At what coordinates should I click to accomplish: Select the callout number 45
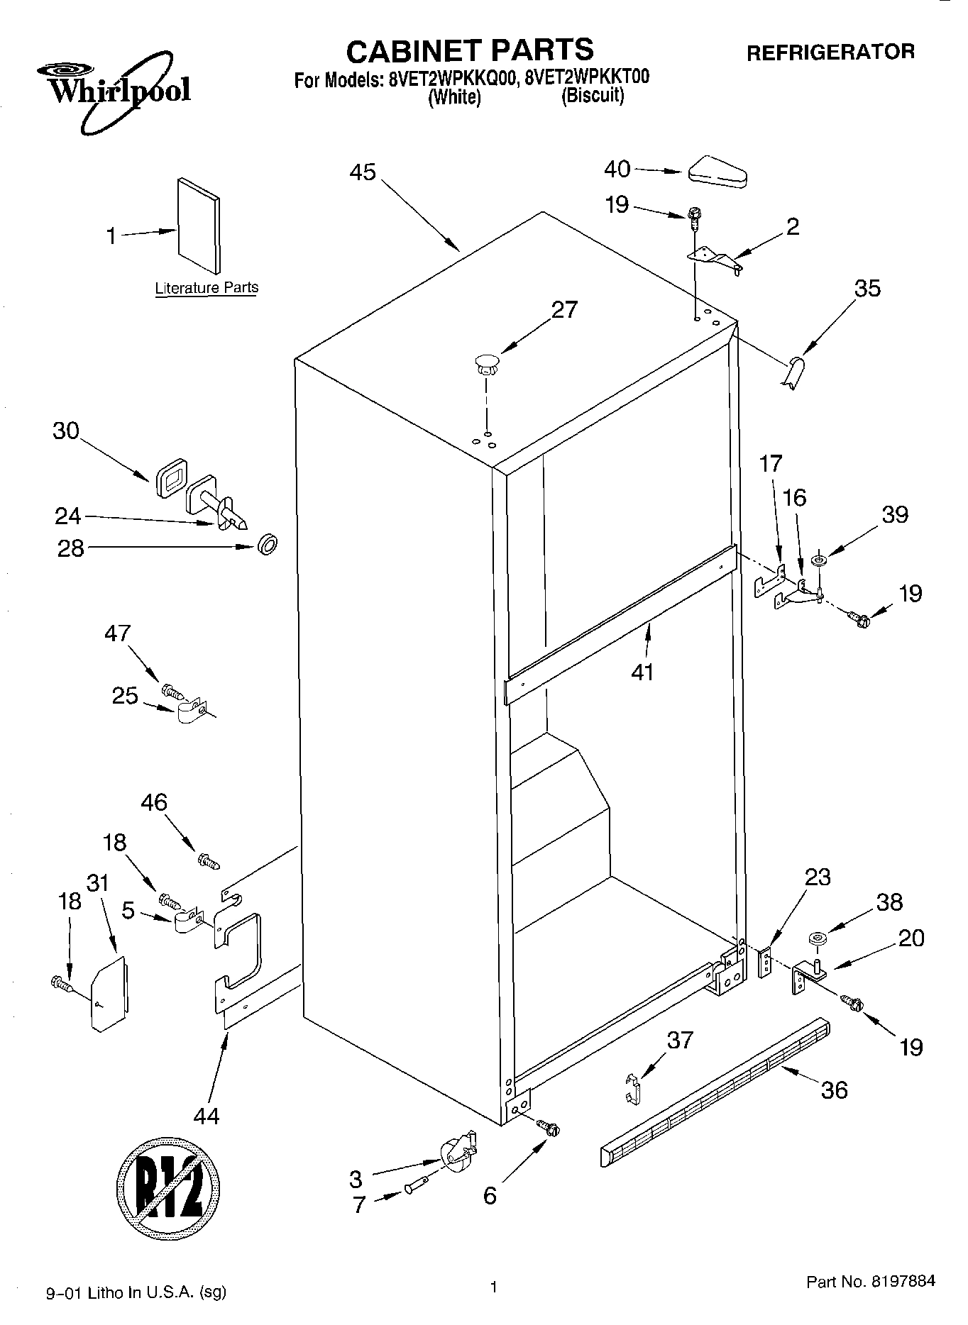click(x=363, y=172)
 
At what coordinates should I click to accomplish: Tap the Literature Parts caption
click(x=207, y=288)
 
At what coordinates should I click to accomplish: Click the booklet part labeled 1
click(x=198, y=225)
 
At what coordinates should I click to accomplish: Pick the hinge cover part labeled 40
click(x=717, y=172)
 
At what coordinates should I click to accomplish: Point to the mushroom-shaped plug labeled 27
click(x=487, y=365)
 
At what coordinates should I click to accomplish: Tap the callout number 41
click(x=643, y=672)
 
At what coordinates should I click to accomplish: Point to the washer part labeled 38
click(x=817, y=941)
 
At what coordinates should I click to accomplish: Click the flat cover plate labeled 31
click(x=109, y=993)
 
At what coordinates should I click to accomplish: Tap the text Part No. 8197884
click(x=870, y=1282)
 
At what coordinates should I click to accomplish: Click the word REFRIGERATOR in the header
click(x=830, y=52)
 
